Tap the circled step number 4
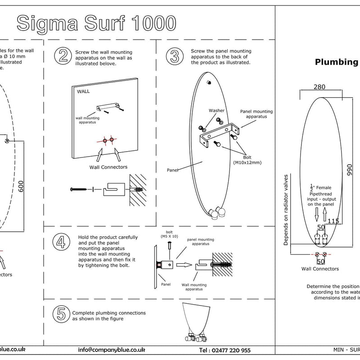pos(61,243)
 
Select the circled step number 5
pos(61,314)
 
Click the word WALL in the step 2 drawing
pos(84,91)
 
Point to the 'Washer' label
pos(216,110)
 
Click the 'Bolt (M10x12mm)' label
pos(247,159)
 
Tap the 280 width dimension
pos(319,87)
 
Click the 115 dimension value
pos(333,221)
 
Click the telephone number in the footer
pos(225,350)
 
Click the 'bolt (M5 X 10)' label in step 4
pos(169,234)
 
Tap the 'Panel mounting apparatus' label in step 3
pos(253,113)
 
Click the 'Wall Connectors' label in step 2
pos(108,167)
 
